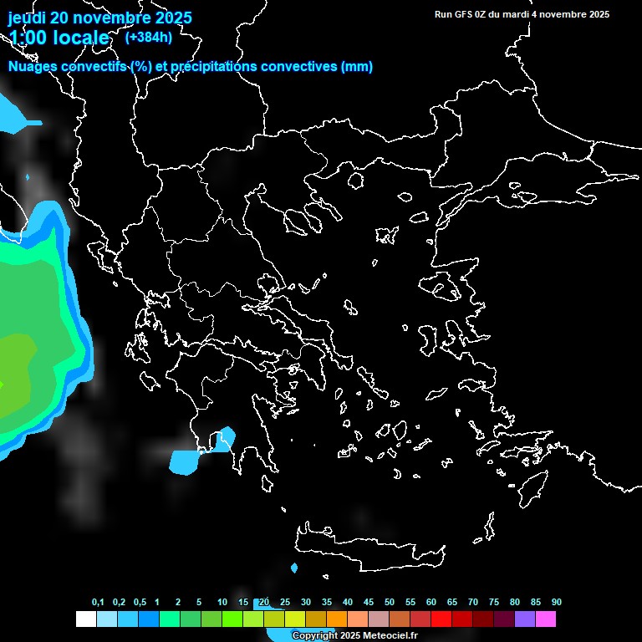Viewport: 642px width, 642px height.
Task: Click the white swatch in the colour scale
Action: [x=85, y=619]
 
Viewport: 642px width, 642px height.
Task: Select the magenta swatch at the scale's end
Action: [x=546, y=619]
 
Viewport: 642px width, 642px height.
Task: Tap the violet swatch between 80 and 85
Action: [x=525, y=619]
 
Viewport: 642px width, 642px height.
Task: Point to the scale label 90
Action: [x=556, y=603]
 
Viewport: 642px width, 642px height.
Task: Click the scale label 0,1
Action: [x=98, y=603]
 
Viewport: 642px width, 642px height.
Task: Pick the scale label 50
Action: [x=390, y=603]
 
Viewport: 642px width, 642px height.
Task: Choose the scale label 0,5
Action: [x=140, y=603]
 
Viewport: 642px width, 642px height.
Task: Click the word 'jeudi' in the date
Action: [x=28, y=18]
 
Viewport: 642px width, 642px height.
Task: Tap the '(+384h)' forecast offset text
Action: [x=148, y=37]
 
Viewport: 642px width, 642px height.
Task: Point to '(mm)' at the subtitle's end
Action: [x=357, y=67]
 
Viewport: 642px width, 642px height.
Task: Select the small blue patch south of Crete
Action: [x=294, y=568]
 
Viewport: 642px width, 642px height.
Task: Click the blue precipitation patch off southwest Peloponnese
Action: [x=185, y=461]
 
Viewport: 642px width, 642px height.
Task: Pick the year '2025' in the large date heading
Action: [x=167, y=18]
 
